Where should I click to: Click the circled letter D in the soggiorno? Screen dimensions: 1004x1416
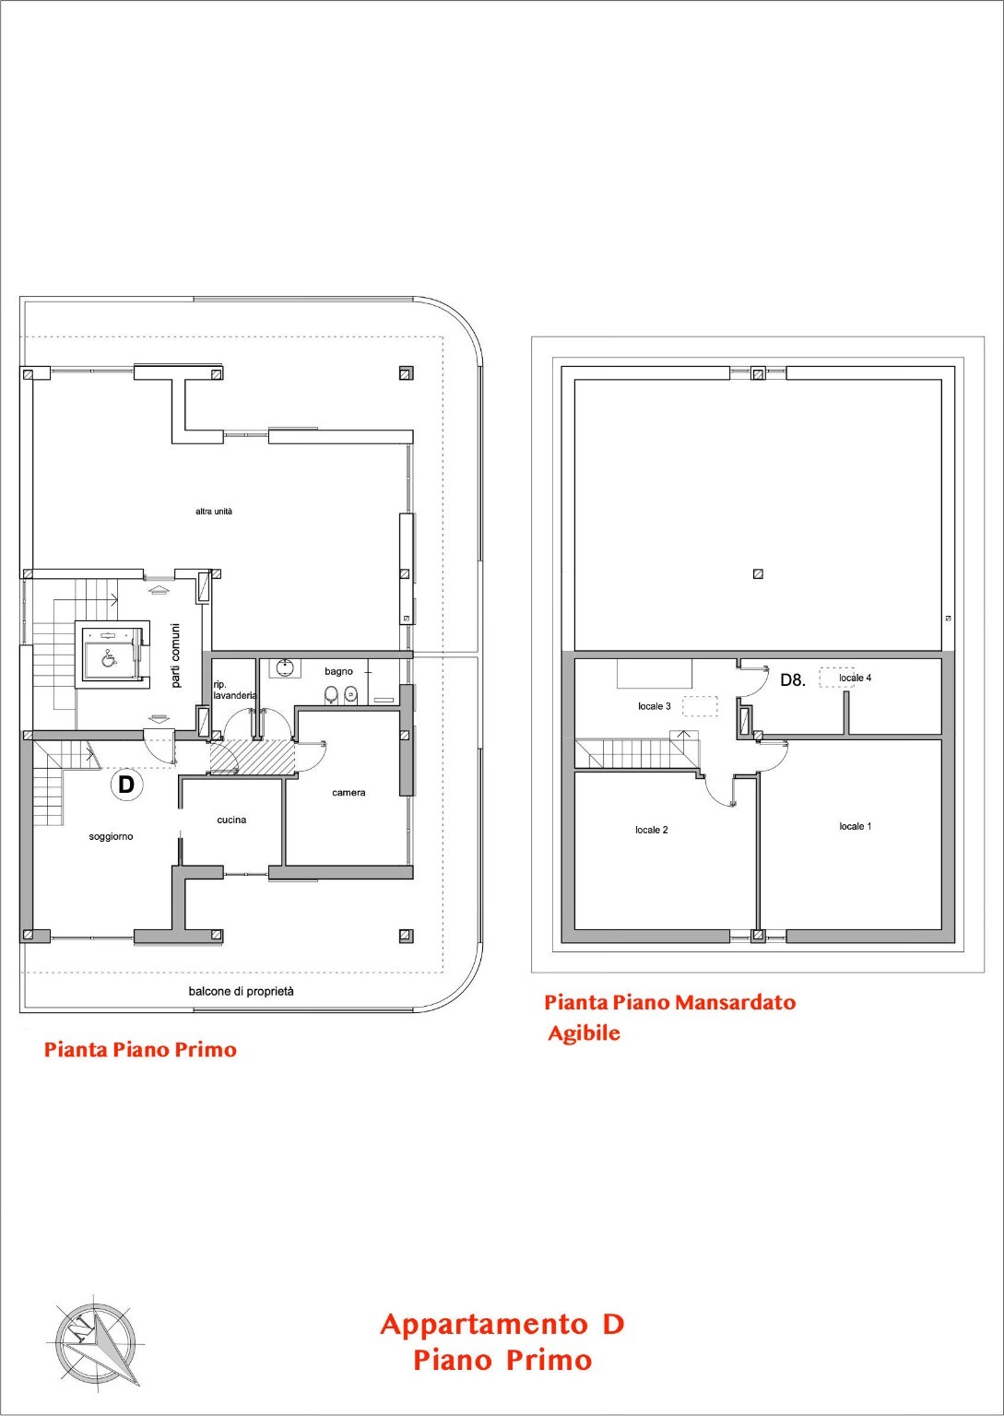pos(127,785)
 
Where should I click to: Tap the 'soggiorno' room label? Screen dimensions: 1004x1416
pos(111,837)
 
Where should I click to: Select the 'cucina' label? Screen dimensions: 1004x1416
pos(231,820)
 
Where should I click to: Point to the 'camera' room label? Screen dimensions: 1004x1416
pos(349,793)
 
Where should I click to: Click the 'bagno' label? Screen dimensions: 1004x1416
pos(339,672)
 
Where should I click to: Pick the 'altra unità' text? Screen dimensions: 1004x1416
pos(214,512)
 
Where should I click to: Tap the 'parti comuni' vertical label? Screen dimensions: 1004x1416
pos(176,655)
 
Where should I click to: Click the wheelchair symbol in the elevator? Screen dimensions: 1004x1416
pos(109,658)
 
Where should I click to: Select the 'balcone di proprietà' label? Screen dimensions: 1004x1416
pos(241,991)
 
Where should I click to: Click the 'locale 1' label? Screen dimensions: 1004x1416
pos(856,826)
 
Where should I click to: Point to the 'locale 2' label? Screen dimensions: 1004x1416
pos(652,830)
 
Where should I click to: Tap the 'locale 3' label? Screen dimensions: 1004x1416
pos(655,706)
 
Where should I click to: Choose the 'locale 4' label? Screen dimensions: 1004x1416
pos(856,678)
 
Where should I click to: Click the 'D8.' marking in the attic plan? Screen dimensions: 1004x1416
pos(793,680)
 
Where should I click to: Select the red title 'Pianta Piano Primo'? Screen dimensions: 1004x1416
pos(140,1050)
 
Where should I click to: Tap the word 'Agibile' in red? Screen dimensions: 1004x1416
pos(585,1033)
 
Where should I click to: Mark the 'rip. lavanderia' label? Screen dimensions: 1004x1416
pos(235,690)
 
